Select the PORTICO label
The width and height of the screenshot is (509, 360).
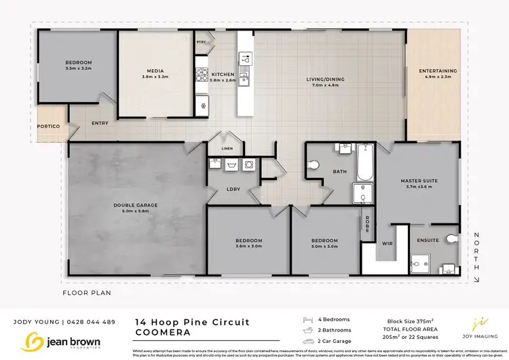49,126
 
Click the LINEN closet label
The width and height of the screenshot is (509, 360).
226,149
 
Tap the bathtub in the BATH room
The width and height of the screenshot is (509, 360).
364,162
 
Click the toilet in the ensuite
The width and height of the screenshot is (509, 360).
452,240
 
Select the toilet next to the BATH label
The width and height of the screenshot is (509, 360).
314,164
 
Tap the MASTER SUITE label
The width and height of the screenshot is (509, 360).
417,181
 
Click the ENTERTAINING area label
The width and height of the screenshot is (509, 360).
438,71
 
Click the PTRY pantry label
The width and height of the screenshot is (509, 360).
201,42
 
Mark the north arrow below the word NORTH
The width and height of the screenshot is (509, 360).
476,275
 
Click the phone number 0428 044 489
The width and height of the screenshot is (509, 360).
93,322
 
